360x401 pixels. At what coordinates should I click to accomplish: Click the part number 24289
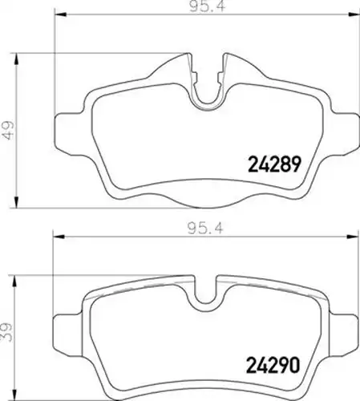275,164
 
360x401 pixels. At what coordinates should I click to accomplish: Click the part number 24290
273,366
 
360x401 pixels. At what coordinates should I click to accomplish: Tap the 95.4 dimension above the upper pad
208,6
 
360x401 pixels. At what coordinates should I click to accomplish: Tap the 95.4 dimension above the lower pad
205,229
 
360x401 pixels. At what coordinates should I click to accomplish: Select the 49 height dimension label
9,130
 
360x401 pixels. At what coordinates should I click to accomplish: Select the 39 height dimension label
8,332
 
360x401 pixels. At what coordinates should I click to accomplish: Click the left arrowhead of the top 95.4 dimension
60,14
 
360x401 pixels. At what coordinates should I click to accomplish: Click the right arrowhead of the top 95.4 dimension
354,14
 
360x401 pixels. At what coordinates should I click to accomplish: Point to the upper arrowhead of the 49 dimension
17,59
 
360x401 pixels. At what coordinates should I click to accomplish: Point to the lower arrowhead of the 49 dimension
17,202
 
